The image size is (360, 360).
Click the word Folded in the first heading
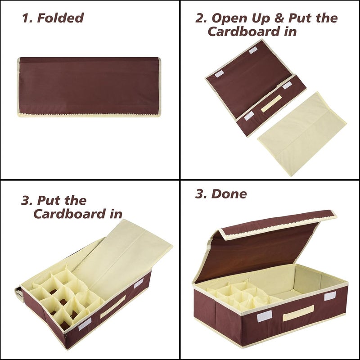click(x=60, y=18)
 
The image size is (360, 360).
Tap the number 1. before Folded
click(x=28, y=18)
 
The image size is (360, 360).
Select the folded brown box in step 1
click(x=89, y=85)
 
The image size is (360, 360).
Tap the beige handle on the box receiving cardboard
click(x=112, y=306)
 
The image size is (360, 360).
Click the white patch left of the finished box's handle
click(x=264, y=318)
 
